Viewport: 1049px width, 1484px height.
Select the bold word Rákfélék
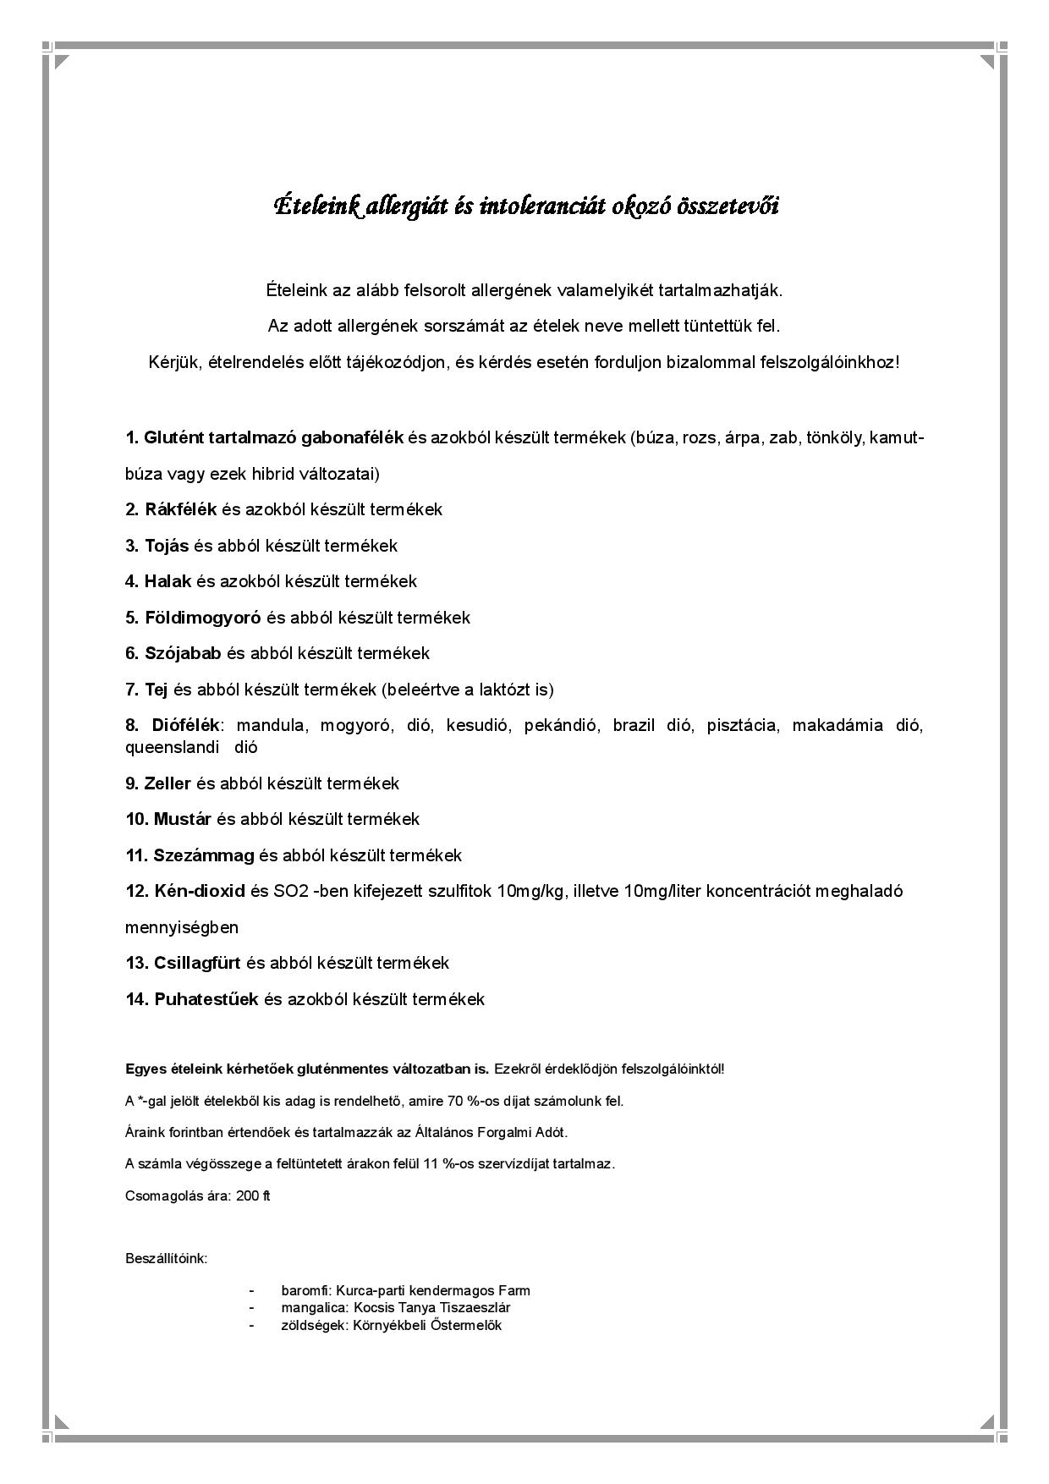(181, 509)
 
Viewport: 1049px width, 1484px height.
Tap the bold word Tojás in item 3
(167, 546)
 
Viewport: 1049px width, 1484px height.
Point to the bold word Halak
(168, 581)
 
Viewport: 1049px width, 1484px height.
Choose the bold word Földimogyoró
(202, 618)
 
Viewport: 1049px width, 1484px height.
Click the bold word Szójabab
(183, 653)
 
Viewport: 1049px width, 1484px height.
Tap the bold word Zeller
(168, 783)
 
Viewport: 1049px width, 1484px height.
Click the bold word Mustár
(182, 819)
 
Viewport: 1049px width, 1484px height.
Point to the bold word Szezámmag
(204, 855)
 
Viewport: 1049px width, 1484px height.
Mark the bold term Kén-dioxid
(200, 891)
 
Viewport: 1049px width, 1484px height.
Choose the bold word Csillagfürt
(197, 963)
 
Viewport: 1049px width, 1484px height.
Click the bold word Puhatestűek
(206, 999)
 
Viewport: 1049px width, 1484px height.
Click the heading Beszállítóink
(167, 1258)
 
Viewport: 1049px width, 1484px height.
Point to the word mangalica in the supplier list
(307, 1307)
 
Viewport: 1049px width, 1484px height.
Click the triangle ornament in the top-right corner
(987, 62)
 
